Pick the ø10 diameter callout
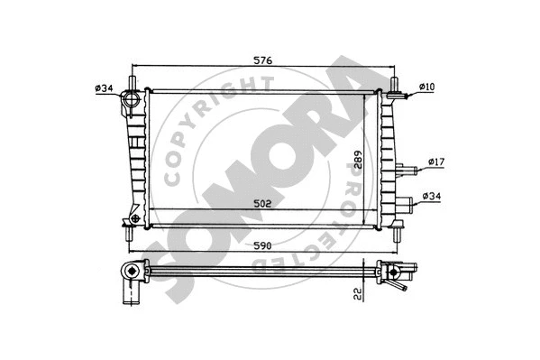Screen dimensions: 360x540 pyautogui.click(x=427, y=87)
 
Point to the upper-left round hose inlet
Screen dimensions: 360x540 pyautogui.click(x=131, y=99)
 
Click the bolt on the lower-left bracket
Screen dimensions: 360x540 pyautogui.click(x=134, y=217)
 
